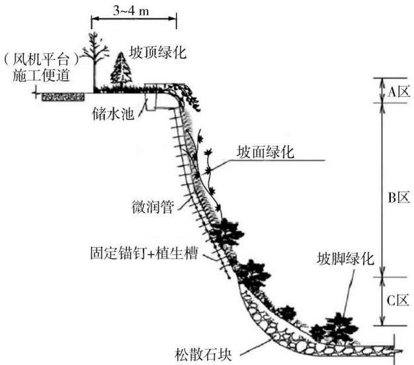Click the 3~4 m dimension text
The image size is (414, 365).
(x=131, y=11)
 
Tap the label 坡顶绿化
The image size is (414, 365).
(x=157, y=52)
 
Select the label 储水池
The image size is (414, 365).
(x=113, y=114)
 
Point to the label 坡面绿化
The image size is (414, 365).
(x=265, y=152)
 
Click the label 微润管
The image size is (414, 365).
(x=153, y=207)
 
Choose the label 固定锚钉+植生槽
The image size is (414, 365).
(x=144, y=253)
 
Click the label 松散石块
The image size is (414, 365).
(x=203, y=354)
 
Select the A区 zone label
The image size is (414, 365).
(x=399, y=91)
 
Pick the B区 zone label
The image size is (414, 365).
(x=399, y=197)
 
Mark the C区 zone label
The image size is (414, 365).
(x=399, y=301)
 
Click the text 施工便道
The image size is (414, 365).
(x=42, y=75)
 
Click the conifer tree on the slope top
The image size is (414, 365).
(x=121, y=70)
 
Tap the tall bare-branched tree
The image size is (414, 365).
(x=95, y=62)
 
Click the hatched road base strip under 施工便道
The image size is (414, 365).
(x=63, y=97)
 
